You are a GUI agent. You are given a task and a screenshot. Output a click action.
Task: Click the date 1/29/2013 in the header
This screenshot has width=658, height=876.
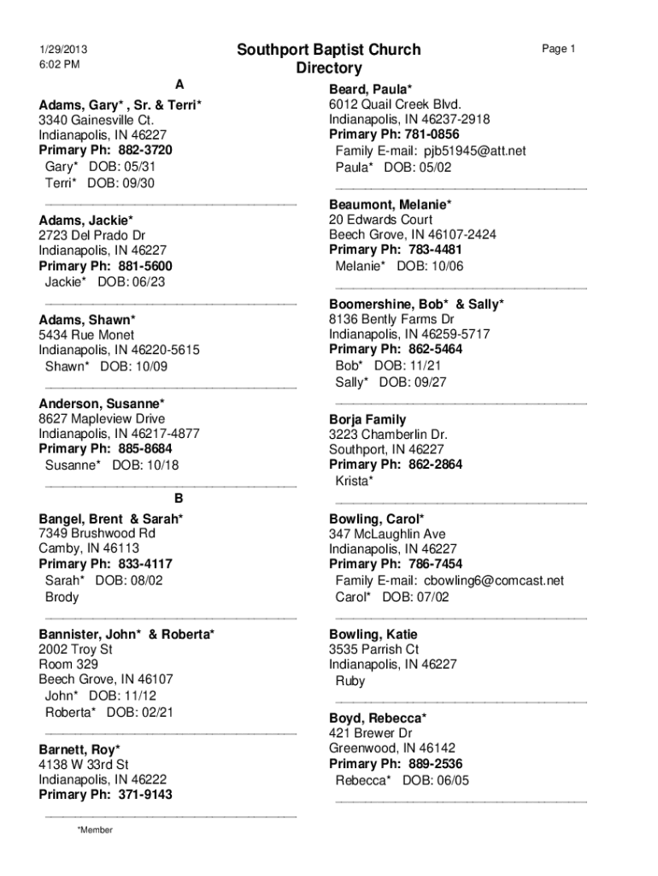(x=62, y=49)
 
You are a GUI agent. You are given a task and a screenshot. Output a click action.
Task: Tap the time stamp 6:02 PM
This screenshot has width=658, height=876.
(x=59, y=64)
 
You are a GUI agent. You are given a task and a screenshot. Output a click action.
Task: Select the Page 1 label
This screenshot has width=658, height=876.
(x=559, y=49)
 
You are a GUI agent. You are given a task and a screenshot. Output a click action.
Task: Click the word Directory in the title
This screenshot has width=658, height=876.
(x=329, y=68)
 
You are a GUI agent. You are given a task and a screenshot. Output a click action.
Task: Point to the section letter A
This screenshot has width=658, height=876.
(x=179, y=84)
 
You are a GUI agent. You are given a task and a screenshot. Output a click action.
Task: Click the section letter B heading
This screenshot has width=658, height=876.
(x=179, y=498)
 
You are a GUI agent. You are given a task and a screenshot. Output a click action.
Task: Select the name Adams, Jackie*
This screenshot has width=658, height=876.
(x=85, y=220)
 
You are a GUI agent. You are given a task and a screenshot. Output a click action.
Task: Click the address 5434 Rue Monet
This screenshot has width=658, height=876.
(x=86, y=335)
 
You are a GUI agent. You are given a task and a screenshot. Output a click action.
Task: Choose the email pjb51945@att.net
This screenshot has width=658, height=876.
(x=475, y=151)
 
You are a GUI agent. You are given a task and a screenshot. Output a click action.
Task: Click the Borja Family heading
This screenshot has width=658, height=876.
(x=367, y=420)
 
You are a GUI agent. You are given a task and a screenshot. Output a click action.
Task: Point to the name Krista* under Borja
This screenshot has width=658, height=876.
(x=354, y=482)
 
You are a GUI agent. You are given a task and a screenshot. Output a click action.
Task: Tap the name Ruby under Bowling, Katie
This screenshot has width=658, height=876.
(x=350, y=681)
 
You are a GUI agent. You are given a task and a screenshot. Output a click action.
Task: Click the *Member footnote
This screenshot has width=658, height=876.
(x=94, y=830)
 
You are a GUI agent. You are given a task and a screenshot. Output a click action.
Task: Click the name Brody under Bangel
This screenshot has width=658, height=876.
(x=62, y=597)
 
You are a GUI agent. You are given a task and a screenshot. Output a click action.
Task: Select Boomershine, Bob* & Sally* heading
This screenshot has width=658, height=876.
(x=416, y=304)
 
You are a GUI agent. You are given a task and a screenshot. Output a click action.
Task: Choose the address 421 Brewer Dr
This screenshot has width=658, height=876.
(x=371, y=733)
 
